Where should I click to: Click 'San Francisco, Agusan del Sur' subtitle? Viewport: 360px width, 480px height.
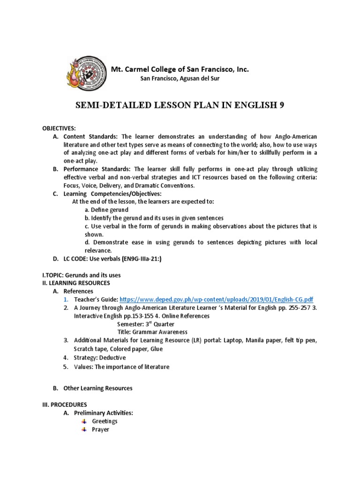pos(180,78)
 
